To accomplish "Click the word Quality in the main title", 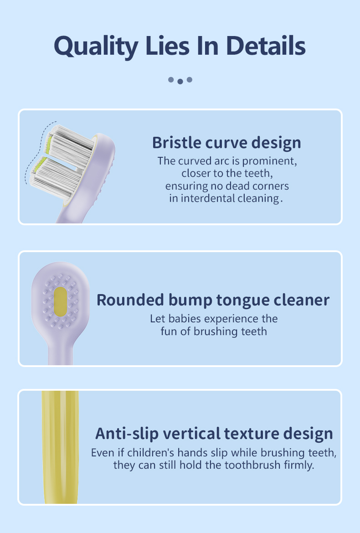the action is pyautogui.click(x=96, y=47).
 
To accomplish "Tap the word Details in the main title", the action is pyautogui.click(x=266, y=46).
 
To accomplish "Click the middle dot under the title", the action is pyautogui.click(x=180, y=81).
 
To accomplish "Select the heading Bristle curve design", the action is pyautogui.click(x=226, y=143).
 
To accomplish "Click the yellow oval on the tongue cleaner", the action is pyautogui.click(x=60, y=301).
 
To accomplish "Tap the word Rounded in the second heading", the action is pyautogui.click(x=130, y=300).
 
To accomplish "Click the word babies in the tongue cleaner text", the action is pyautogui.click(x=185, y=319).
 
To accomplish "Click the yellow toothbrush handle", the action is pyautogui.click(x=60, y=447).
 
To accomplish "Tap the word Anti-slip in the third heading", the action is pyautogui.click(x=127, y=434).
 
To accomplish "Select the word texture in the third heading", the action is pyautogui.click(x=252, y=434).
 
